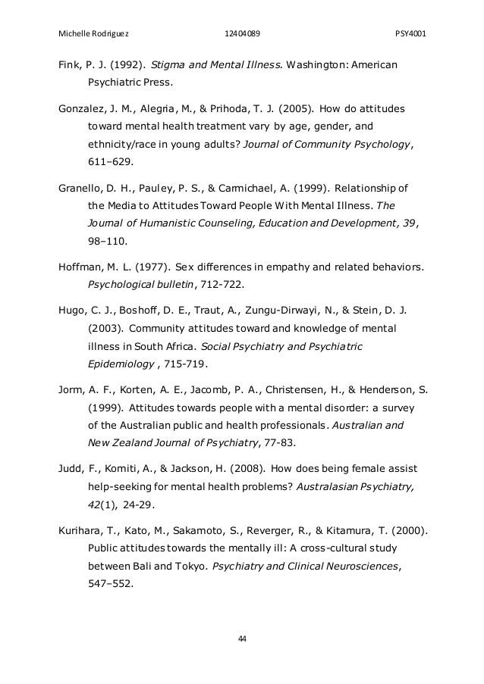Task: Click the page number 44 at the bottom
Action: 242,639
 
